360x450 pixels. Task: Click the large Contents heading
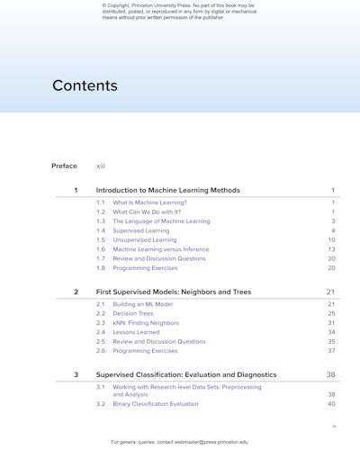coord(85,86)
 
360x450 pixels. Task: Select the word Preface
coord(64,166)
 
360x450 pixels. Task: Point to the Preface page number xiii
coord(101,166)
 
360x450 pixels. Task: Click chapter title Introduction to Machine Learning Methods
coord(168,191)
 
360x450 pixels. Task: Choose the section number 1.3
coord(101,221)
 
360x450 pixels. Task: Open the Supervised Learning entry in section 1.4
coord(141,230)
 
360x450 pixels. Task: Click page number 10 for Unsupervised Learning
coord(331,240)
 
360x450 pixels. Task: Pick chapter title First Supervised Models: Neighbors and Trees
coord(174,292)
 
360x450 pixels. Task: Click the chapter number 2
coord(76,292)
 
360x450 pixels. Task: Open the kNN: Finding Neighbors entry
coord(146,323)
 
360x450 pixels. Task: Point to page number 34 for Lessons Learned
coord(331,332)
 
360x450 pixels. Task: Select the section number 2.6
coord(101,351)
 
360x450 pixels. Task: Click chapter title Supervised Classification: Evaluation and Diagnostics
coord(186,374)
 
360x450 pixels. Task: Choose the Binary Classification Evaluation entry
coord(156,404)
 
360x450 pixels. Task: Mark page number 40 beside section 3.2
coord(331,404)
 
